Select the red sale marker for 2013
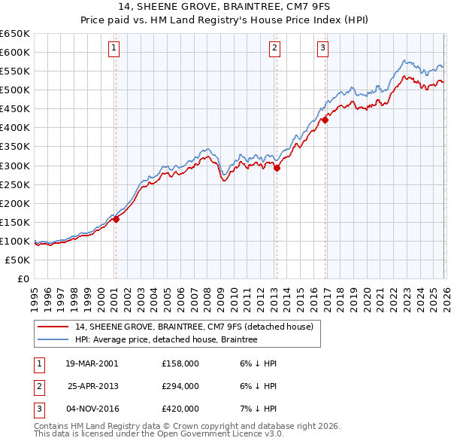point(277,168)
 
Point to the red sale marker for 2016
point(325,120)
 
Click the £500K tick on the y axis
point(16,90)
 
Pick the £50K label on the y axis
point(18,260)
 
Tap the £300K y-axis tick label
point(16,166)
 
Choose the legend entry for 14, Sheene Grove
point(194,327)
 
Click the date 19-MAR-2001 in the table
point(92,363)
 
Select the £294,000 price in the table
point(180,386)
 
